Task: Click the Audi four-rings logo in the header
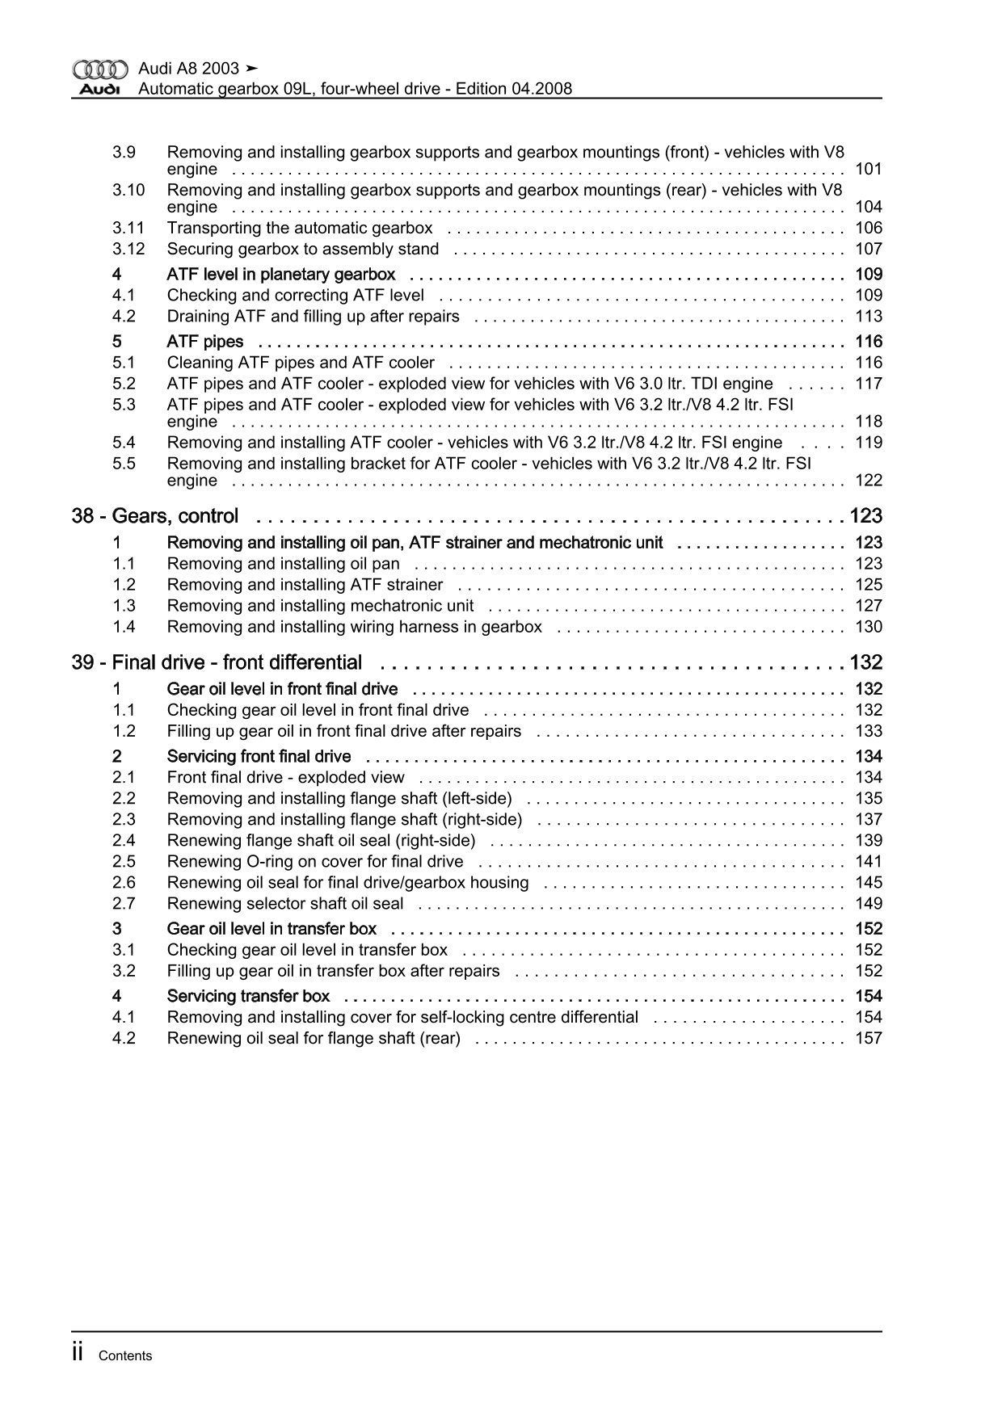coord(99,69)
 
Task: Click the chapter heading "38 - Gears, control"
coord(155,516)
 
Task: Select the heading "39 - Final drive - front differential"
coord(217,663)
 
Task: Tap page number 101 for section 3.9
coord(868,170)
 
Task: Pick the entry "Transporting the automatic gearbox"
coord(300,229)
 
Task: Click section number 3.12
coord(128,250)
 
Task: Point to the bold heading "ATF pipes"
coord(205,342)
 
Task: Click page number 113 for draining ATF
coord(868,317)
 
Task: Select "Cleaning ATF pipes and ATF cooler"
coord(301,363)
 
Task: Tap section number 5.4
coord(124,443)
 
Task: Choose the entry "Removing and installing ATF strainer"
coord(305,585)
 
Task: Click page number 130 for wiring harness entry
coord(868,627)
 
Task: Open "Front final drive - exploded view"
coord(285,778)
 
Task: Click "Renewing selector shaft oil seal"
coord(285,904)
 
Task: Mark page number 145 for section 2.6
coord(868,883)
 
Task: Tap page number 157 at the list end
coord(868,1039)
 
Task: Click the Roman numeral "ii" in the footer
coord(78,1352)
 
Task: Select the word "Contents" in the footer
coord(125,1356)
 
